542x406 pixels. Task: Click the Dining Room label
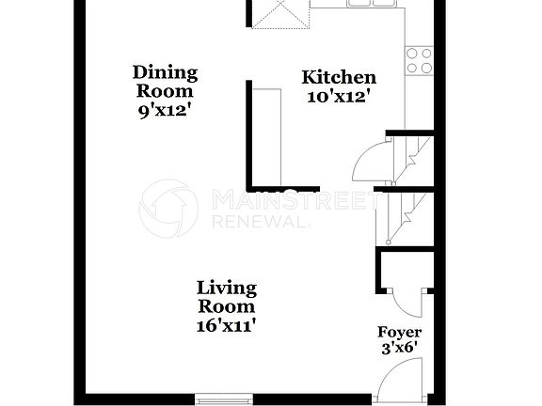pyautogui.click(x=165, y=82)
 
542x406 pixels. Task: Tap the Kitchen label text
pyautogui.click(x=339, y=77)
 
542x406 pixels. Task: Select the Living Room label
pyautogui.click(x=226, y=297)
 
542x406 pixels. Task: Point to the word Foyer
pyautogui.click(x=400, y=333)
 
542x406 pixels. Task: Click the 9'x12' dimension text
pyautogui.click(x=165, y=109)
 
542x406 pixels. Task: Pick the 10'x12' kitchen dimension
pyautogui.click(x=339, y=95)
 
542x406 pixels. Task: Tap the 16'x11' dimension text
pyautogui.click(x=226, y=325)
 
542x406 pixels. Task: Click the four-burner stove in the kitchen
pyautogui.click(x=419, y=60)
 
